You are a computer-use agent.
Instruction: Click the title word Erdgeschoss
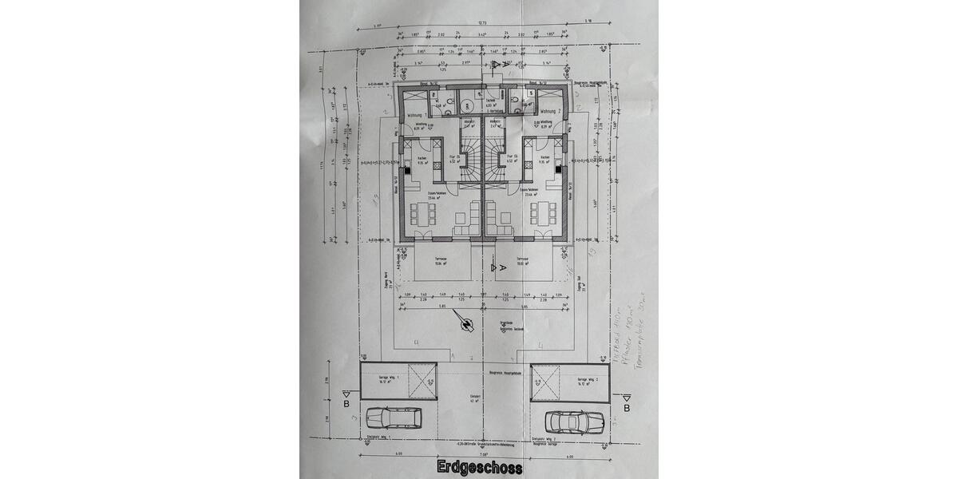point(480,468)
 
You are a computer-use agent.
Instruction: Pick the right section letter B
point(627,409)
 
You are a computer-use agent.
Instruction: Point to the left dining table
point(422,214)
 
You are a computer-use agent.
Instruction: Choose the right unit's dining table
point(547,214)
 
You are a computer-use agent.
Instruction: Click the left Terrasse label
point(441,260)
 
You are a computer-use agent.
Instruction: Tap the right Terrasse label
point(523,260)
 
